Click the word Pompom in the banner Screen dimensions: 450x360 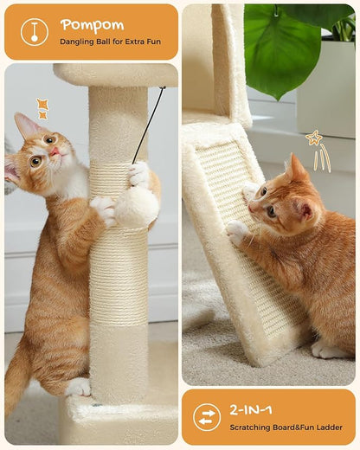pos(92,24)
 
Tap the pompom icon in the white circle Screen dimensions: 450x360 pos(34,31)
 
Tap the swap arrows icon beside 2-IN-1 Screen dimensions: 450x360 pos(206,417)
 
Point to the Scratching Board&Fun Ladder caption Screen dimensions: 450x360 pos(279,427)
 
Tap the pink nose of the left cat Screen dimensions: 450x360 pos(55,151)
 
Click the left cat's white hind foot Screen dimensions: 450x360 pos(79,387)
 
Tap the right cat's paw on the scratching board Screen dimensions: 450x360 pos(236,230)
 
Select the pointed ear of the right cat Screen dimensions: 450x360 pos(297,167)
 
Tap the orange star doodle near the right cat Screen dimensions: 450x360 pos(313,138)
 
